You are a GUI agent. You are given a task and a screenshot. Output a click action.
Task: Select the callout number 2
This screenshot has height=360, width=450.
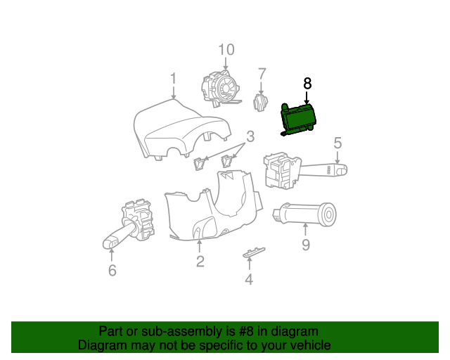[200, 262]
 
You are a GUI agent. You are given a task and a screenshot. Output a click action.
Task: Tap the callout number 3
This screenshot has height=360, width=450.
[250, 136]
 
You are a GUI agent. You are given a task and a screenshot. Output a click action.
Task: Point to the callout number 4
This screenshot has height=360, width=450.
[248, 280]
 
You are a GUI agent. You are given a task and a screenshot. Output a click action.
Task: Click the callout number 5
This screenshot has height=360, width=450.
[337, 143]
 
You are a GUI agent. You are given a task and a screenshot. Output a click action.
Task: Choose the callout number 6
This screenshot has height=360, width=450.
[112, 270]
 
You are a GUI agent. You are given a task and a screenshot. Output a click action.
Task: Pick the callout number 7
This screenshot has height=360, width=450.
[262, 74]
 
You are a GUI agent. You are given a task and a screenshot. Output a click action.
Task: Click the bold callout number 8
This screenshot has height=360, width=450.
[307, 83]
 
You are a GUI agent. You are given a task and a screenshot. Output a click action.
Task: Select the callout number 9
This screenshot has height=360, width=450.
[306, 245]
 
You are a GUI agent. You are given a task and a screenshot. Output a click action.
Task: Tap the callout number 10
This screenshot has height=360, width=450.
[226, 49]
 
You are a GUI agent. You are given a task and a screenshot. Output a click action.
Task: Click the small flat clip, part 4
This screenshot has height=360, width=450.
[255, 252]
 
